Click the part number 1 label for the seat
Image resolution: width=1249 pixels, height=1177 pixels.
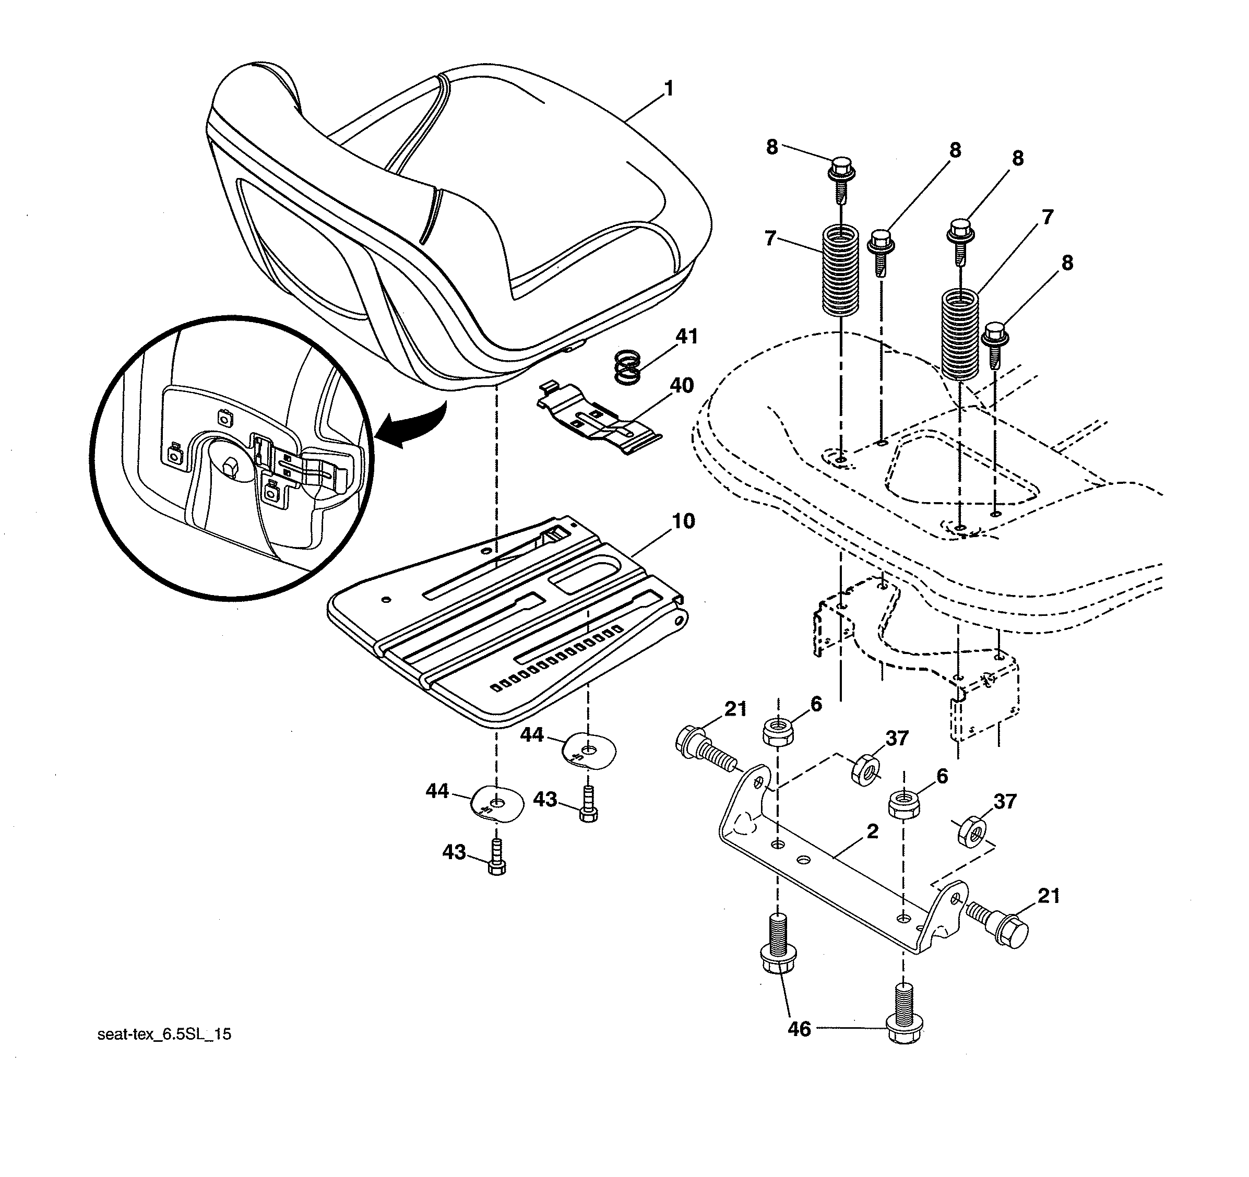[x=669, y=89]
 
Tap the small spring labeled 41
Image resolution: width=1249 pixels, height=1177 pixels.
[x=627, y=367]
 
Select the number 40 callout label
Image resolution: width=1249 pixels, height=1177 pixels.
[x=682, y=385]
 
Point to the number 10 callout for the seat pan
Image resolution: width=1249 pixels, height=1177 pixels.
[x=684, y=521]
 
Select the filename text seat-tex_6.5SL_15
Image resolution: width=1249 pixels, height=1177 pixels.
[x=164, y=1035]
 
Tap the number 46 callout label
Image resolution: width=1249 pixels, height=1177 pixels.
[x=799, y=1029]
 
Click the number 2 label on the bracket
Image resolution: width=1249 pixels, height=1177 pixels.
[x=872, y=831]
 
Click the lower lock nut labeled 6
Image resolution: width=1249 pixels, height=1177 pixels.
[x=903, y=805]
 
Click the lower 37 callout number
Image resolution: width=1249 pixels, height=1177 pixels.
[x=1005, y=801]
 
